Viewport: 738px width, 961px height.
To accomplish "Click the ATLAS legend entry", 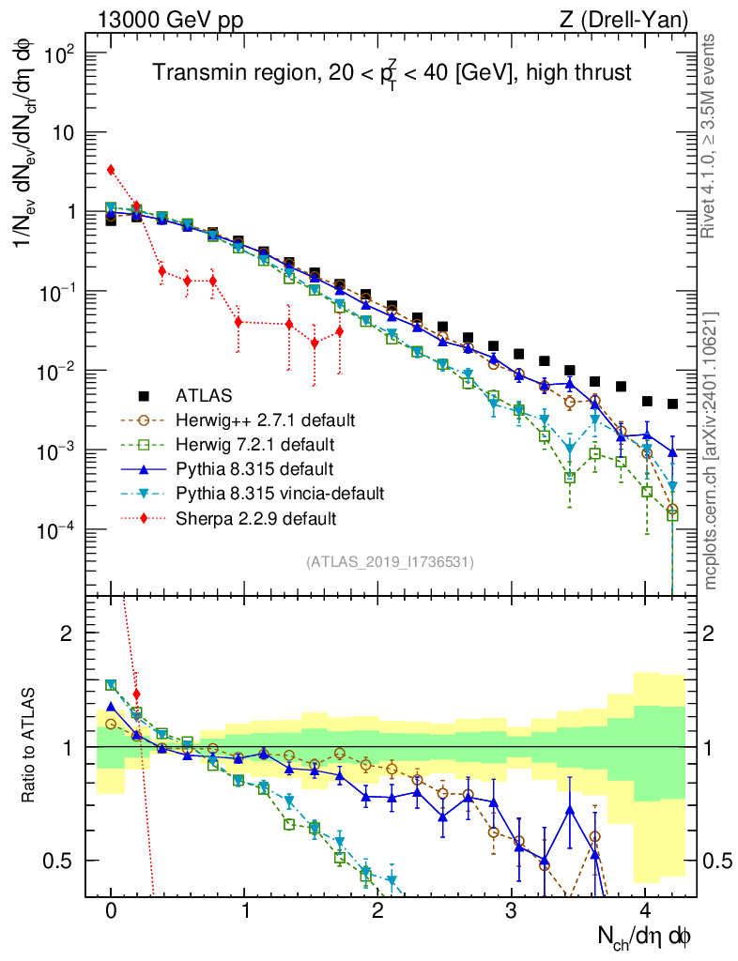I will pos(203,395).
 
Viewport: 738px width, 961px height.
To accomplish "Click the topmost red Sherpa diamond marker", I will pos(111,170).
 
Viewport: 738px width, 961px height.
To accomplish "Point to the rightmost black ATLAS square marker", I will pos(672,404).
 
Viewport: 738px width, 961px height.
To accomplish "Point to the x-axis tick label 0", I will pos(111,910).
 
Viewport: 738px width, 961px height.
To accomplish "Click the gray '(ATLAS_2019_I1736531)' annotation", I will pos(390,562).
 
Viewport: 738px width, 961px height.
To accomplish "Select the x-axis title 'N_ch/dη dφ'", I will pos(647,936).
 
